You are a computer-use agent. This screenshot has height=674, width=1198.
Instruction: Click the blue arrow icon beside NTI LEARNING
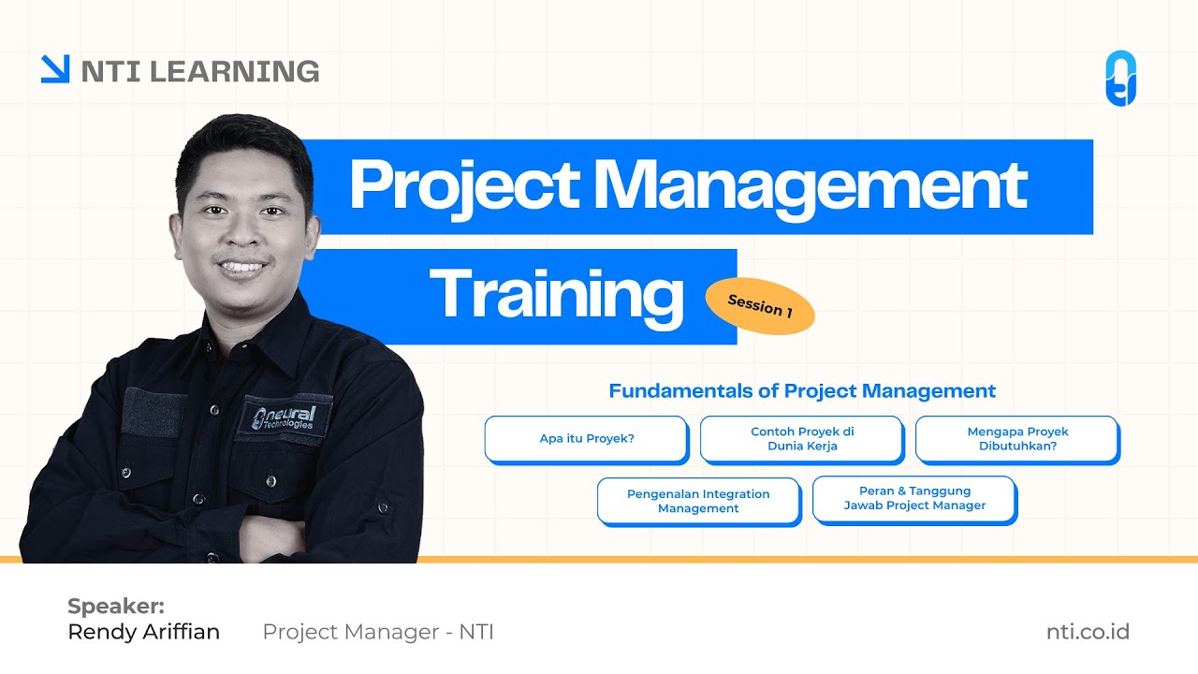click(x=55, y=69)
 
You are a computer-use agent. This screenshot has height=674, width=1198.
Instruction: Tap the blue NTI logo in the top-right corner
click(x=1120, y=79)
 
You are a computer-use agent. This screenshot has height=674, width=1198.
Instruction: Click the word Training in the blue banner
click(x=557, y=295)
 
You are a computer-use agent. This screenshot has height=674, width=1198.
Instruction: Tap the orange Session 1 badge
click(x=759, y=306)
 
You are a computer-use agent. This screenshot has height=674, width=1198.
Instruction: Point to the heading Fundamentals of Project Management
click(x=802, y=391)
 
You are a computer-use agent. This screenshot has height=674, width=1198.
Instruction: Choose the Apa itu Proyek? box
click(x=587, y=438)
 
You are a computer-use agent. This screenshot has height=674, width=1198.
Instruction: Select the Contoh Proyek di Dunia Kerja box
click(x=802, y=439)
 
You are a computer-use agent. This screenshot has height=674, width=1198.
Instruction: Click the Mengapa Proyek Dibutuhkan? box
click(x=1017, y=439)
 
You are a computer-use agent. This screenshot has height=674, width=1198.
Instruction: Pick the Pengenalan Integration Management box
click(x=698, y=501)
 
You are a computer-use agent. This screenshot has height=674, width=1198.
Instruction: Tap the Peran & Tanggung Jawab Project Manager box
click(x=914, y=498)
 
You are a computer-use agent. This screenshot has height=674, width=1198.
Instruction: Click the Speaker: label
click(x=116, y=606)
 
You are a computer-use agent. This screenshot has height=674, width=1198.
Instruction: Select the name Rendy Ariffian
click(x=144, y=632)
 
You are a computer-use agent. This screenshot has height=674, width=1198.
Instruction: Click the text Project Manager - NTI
click(x=378, y=632)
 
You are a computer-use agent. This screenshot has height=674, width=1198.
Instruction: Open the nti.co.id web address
click(x=1088, y=632)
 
